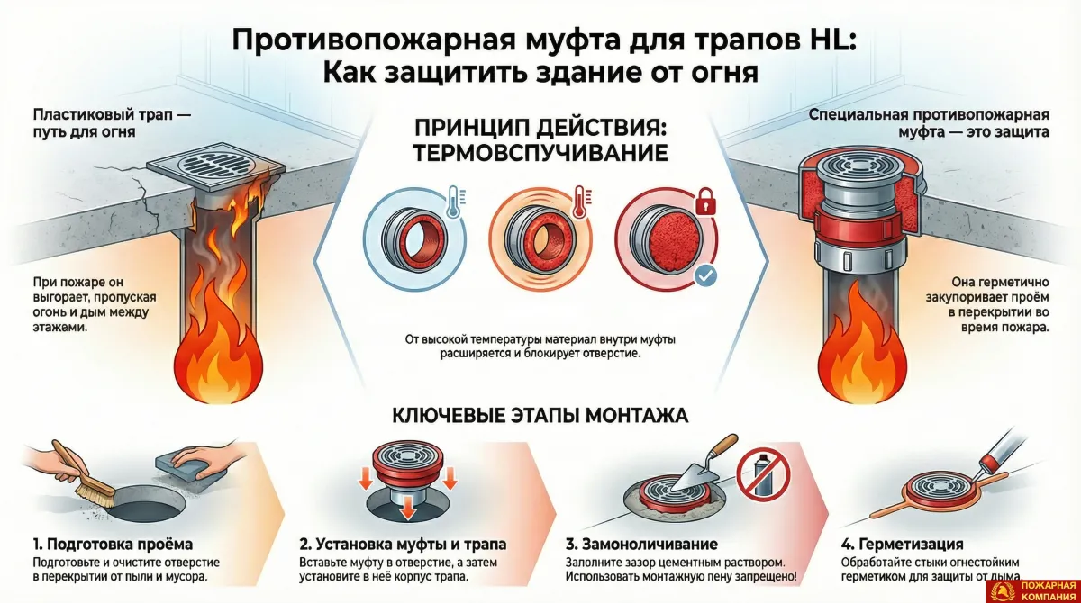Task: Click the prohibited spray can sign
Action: pyautogui.click(x=757, y=477)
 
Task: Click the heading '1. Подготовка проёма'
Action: pyautogui.click(x=113, y=544)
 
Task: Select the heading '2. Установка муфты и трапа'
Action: pyautogui.click(x=402, y=544)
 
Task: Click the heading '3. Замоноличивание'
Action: pyautogui.click(x=641, y=544)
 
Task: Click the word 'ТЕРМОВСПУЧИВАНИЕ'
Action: pyautogui.click(x=540, y=153)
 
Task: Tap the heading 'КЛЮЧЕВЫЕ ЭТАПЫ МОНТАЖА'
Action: pyautogui.click(x=540, y=416)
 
